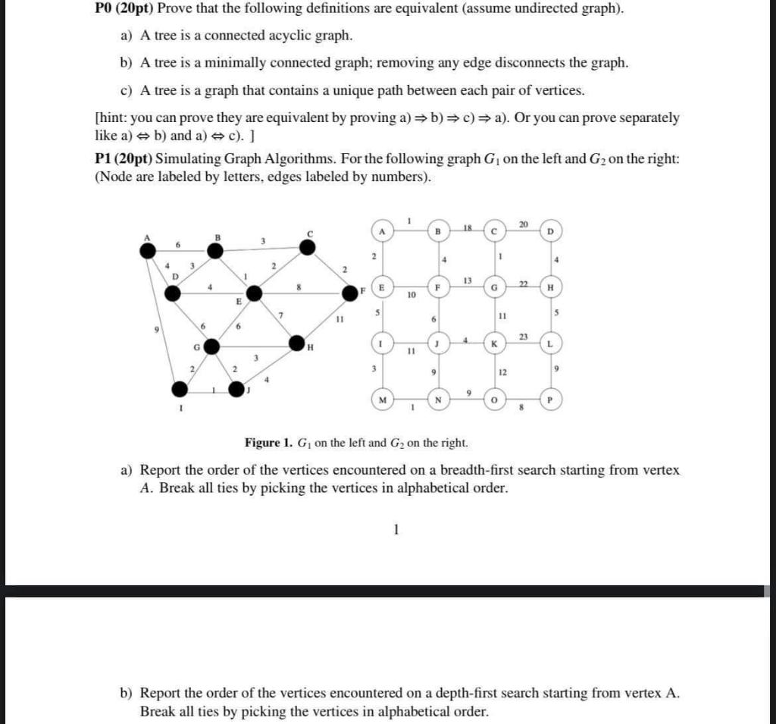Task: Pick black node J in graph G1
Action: (x=236, y=389)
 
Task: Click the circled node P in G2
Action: (x=551, y=399)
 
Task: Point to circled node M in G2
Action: (x=383, y=399)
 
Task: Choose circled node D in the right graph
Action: (x=551, y=230)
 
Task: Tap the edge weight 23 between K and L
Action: (x=523, y=337)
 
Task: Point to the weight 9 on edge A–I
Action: (x=157, y=331)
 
